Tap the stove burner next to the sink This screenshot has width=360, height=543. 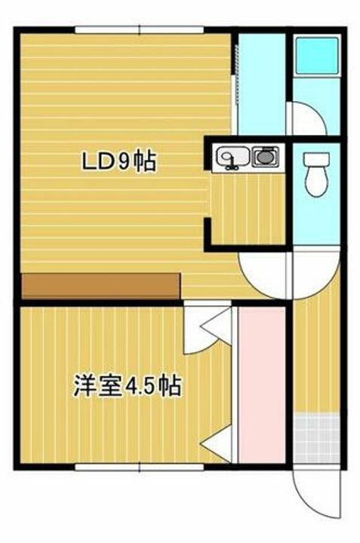[x=264, y=158]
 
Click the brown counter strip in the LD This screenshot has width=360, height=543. [x=100, y=286]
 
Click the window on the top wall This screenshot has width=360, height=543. [x=140, y=30]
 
